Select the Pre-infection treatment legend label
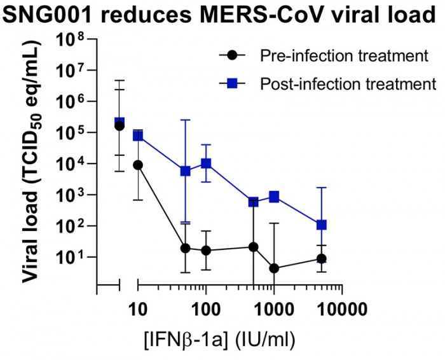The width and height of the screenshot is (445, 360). tap(344, 56)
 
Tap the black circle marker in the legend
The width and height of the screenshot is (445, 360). tap(233, 56)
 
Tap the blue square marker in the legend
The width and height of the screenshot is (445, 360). tap(233, 83)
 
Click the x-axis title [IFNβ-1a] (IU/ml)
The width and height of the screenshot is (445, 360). tap(219, 338)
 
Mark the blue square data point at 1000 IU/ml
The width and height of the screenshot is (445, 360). tap(274, 197)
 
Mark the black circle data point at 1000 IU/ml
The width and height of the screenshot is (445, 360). tap(274, 268)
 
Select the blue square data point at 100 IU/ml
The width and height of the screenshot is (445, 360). tap(205, 163)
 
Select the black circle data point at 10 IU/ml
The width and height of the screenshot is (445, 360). tap(138, 165)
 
